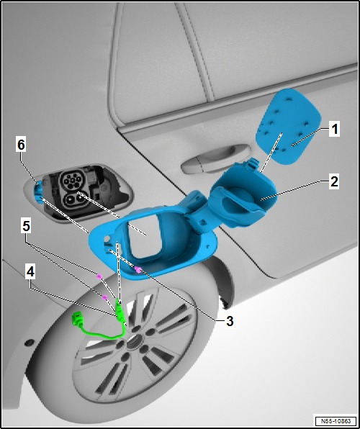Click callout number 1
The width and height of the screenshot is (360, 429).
tap(334, 130)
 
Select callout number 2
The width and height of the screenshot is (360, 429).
tap(334, 181)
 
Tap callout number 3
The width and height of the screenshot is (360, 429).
tap(230, 321)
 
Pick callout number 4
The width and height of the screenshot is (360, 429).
tap(30, 272)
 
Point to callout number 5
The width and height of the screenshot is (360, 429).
tap(26, 227)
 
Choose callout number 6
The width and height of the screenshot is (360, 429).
tap(21, 145)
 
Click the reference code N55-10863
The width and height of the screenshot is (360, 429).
tap(336, 420)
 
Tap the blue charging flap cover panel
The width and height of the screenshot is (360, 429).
tap(288, 126)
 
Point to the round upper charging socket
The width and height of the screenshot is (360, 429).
tap(71, 180)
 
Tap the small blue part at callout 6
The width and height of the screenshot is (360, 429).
tap(37, 192)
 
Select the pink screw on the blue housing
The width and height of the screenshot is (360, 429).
tap(138, 270)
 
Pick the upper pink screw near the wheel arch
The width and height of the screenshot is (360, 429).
tap(99, 276)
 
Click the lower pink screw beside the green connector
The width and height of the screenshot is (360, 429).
tap(104, 297)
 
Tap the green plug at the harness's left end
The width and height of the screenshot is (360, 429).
tap(78, 320)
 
